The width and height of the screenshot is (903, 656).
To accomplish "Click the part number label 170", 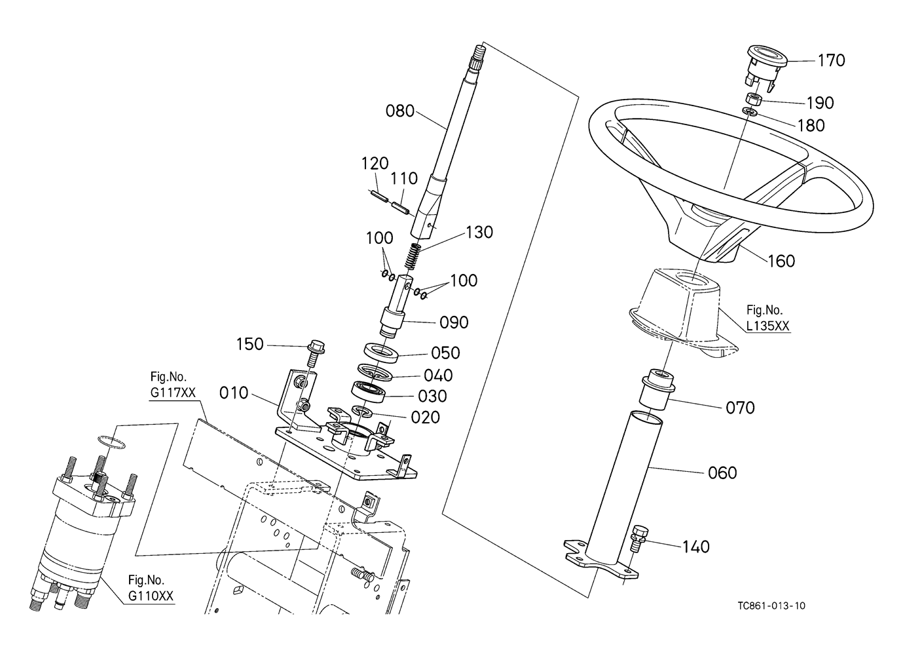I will pos(831,60).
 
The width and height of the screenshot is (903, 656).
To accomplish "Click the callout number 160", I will pos(781,261).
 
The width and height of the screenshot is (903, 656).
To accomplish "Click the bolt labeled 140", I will pos(638,540).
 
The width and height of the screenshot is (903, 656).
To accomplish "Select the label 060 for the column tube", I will pos(722,473).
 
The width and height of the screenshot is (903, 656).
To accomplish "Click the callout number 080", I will pos(400,111).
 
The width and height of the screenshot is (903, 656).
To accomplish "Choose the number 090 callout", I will pos(454,322).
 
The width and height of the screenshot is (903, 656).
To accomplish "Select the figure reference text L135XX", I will pos(769,326).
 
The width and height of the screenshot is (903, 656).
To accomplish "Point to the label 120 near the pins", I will pos(375,163).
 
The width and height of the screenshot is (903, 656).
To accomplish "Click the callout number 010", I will pos(234,393).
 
